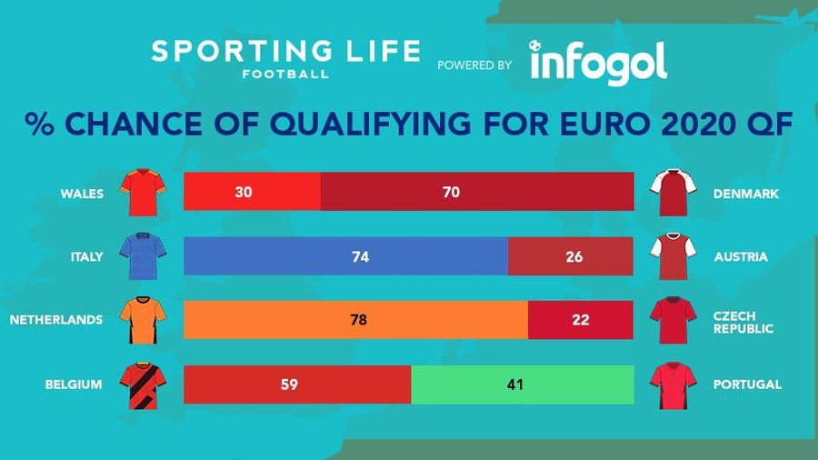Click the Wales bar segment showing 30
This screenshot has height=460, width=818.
point(252,192)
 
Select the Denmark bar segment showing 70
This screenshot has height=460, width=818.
point(477,192)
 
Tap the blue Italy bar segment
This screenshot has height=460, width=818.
point(345,256)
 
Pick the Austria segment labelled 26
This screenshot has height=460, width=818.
point(571,256)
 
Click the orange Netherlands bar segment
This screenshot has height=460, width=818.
point(355,320)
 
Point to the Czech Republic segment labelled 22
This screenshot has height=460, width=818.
point(581,320)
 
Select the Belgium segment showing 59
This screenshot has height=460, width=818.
point(297,385)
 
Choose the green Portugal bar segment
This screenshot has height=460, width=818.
point(523,385)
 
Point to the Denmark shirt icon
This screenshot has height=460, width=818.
point(672,192)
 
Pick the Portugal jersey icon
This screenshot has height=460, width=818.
point(672,385)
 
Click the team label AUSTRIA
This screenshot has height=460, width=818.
point(740,256)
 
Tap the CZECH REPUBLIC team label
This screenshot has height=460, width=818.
point(743,320)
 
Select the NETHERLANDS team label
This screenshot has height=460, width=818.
point(55,320)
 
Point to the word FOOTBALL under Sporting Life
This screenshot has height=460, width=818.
point(285,73)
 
